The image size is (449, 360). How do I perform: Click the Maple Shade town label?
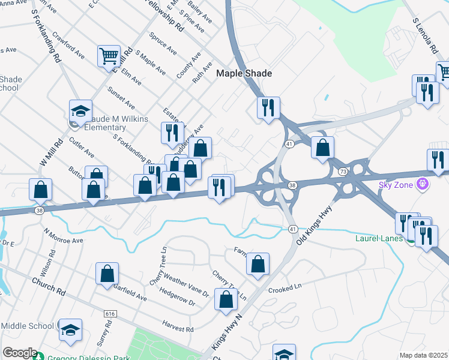(x=244, y=73)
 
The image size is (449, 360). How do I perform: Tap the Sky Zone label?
(x=396, y=184)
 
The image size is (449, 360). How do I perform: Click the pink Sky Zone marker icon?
(x=422, y=184)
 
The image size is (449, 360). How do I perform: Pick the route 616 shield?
(x=110, y=314)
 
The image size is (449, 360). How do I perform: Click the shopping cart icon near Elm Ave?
(x=109, y=56)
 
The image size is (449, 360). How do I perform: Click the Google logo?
(x=20, y=353)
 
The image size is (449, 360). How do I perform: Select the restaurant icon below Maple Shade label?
(x=268, y=107)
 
